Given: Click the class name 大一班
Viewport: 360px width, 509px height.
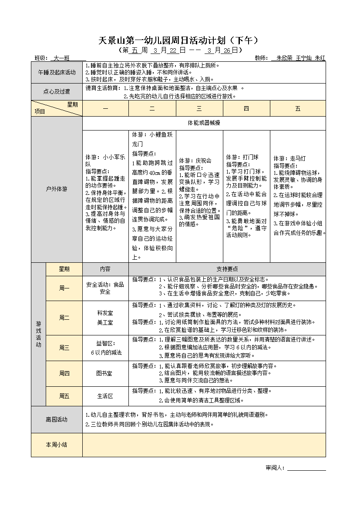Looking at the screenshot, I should click(x=61, y=58).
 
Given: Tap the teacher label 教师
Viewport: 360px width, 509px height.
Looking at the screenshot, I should click(x=260, y=58).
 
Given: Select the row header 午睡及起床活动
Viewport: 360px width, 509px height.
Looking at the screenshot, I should click(x=57, y=72).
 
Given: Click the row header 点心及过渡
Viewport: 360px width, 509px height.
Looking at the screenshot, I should click(x=57, y=92).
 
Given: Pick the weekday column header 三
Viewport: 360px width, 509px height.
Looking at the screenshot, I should click(x=199, y=108).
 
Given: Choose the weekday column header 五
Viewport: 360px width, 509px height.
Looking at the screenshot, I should click(x=298, y=108).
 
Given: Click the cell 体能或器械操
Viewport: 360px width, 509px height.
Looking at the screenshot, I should click(x=204, y=123).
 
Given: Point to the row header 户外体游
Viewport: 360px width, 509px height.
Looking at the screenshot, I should click(x=57, y=189).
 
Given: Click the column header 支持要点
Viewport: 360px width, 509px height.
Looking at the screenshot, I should click(x=227, y=269).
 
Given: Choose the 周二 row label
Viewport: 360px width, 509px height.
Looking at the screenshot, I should click(x=64, y=318).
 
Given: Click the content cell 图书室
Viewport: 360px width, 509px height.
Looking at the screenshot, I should click(x=105, y=373).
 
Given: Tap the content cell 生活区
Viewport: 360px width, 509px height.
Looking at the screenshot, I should click(x=105, y=396).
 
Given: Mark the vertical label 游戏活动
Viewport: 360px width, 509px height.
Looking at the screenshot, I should click(x=38, y=334).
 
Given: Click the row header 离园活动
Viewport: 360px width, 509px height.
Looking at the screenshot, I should click(x=57, y=419).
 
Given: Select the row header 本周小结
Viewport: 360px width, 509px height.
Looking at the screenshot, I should click(x=57, y=445).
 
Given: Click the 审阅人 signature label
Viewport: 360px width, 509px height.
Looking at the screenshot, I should click(x=275, y=468).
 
